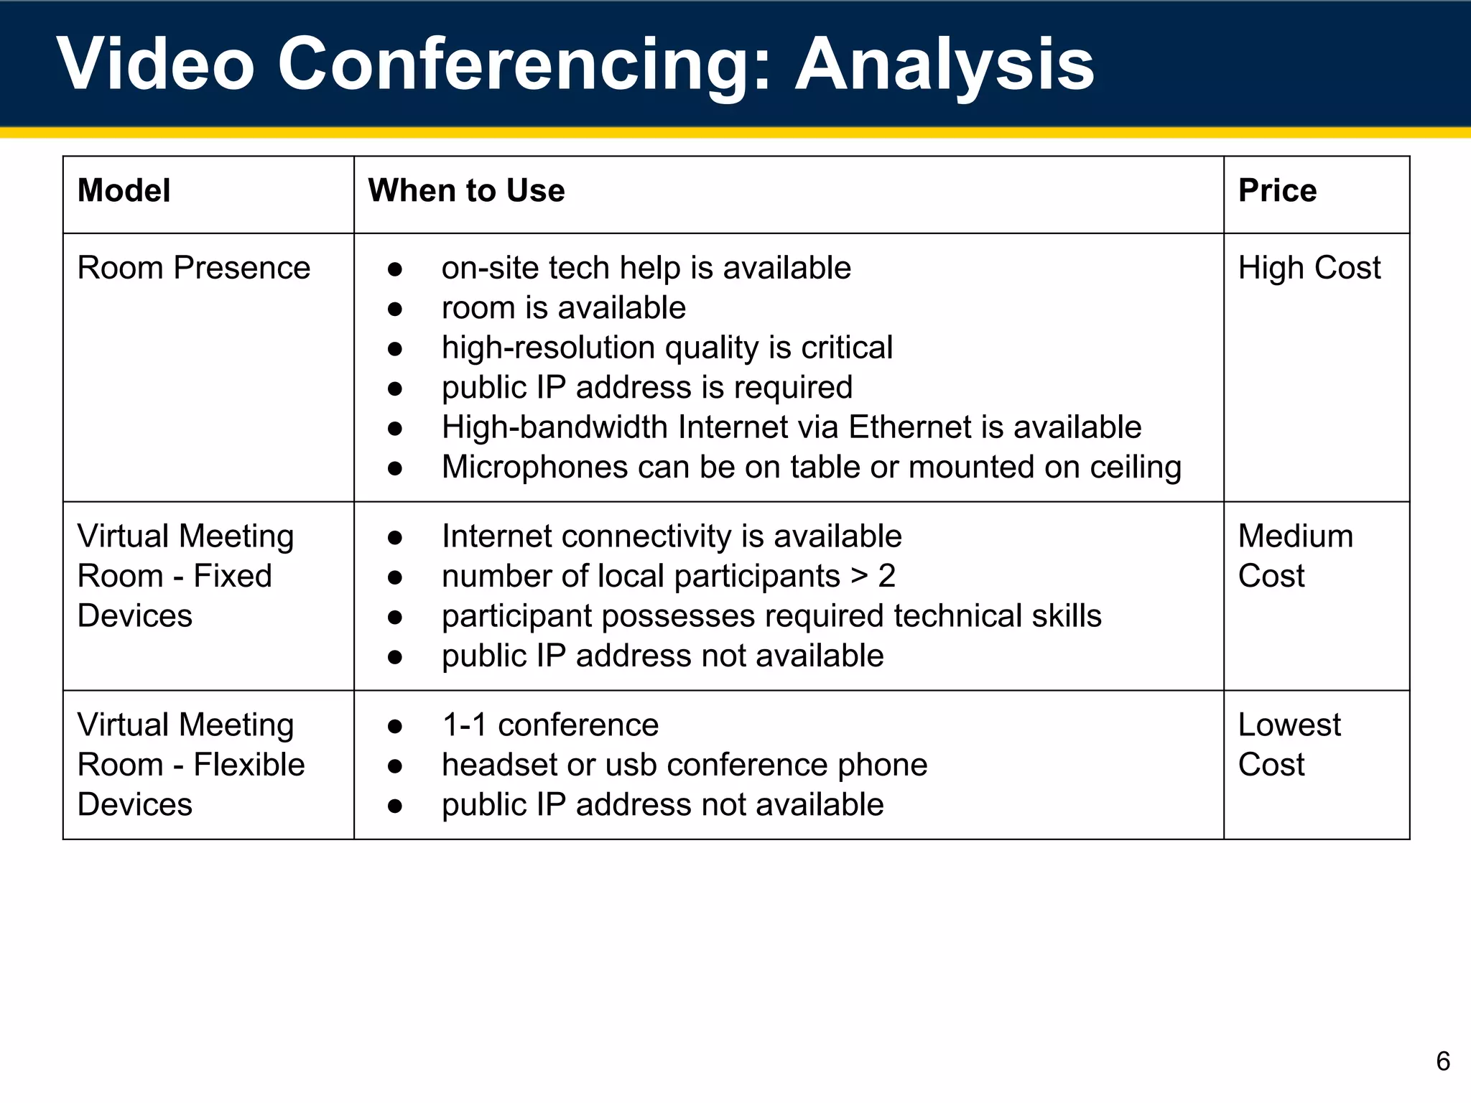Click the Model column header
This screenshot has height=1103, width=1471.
124,191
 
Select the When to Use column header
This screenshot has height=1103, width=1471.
466,191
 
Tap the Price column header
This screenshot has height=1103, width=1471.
1277,191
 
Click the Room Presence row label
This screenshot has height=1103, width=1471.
193,268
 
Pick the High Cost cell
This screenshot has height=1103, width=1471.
1309,268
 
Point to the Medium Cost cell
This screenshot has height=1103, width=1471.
1295,556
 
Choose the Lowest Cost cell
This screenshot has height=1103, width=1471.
1289,745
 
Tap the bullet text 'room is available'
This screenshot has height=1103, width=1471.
564,308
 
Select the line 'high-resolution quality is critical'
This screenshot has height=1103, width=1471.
667,348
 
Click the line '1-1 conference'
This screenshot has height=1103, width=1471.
550,725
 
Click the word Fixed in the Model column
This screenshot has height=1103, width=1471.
233,576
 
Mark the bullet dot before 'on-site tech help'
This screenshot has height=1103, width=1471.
394,269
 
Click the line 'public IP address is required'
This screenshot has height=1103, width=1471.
647,388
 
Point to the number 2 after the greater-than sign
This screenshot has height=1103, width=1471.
886,576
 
